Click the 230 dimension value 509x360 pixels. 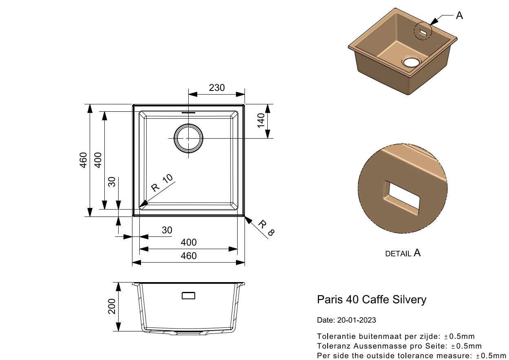(216, 88)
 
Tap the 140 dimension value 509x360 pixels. (261, 121)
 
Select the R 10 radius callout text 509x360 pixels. (162, 183)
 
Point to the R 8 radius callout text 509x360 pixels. (266, 228)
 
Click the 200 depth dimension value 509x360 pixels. (112, 306)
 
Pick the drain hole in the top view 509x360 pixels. (188, 138)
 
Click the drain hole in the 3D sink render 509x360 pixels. (412, 61)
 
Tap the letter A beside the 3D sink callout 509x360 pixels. (459, 15)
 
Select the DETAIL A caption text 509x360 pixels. (403, 253)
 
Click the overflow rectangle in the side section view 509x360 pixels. (188, 296)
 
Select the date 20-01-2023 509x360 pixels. (357, 320)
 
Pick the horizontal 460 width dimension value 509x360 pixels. (189, 256)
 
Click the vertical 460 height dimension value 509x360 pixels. (84, 160)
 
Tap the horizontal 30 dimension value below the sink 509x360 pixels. (167, 230)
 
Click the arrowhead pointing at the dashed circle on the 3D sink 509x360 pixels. (434, 21)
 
